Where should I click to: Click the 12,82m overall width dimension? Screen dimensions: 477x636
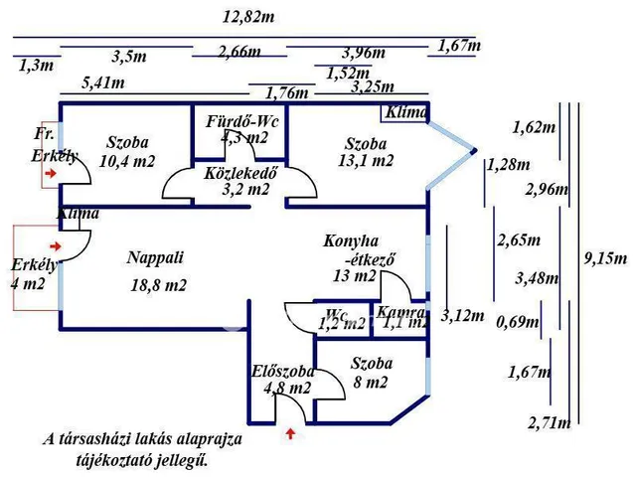[x=248, y=16]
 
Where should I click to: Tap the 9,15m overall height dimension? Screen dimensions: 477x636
[x=607, y=258]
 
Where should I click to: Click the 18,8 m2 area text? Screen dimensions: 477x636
[x=160, y=284]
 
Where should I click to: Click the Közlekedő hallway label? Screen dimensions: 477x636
[x=239, y=171]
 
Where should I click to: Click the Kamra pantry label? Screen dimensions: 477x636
[x=400, y=312]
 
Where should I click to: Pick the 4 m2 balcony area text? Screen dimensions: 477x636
[x=27, y=284]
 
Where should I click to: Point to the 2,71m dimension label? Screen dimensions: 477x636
[x=550, y=423]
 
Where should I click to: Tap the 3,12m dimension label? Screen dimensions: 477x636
[x=462, y=316]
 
